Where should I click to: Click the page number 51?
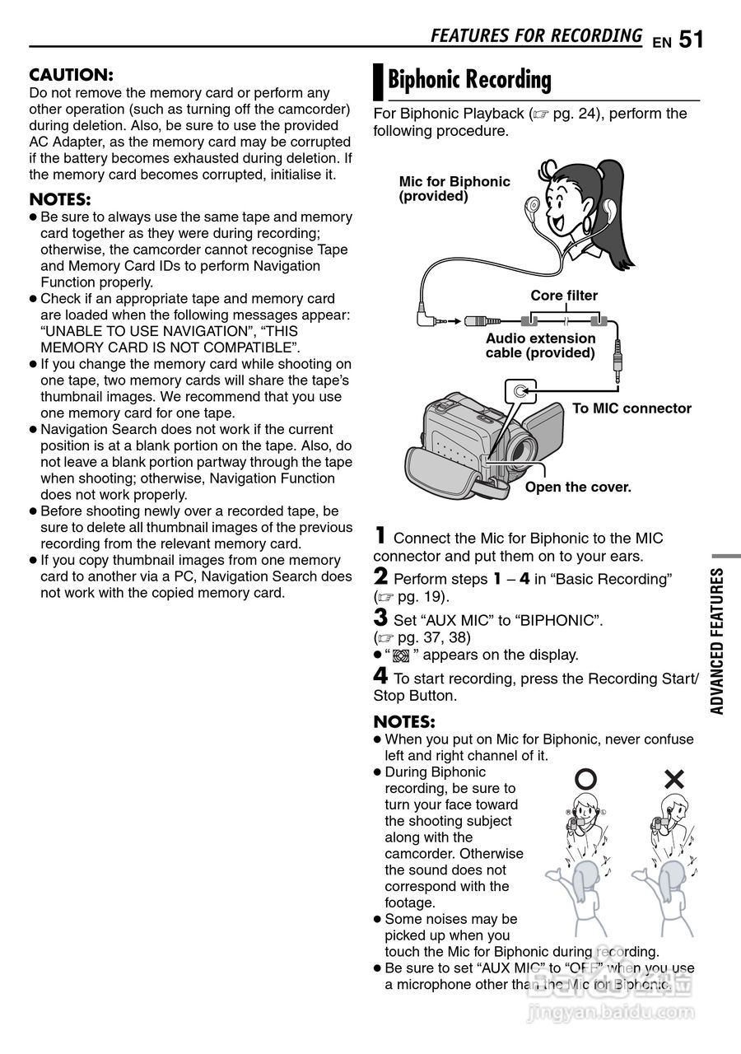(692, 39)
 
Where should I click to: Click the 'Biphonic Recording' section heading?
(469, 80)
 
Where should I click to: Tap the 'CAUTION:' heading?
(71, 75)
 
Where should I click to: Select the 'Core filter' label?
(564, 296)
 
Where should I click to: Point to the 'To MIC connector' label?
(631, 408)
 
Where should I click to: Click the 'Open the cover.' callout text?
(578, 487)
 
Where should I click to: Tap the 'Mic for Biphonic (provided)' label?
(454, 189)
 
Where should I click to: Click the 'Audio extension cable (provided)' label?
(540, 346)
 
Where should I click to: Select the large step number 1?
(380, 535)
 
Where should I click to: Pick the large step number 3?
(380, 618)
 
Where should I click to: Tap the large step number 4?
(380, 676)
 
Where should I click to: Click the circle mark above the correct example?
(585, 778)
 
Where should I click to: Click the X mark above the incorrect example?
(674, 778)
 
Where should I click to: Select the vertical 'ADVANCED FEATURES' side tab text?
(716, 641)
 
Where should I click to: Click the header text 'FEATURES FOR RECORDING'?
(536, 35)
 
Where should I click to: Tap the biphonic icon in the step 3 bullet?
(401, 655)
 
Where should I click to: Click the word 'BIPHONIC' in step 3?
(559, 620)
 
